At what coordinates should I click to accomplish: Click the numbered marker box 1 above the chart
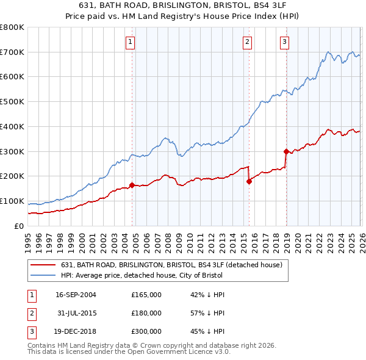[131, 42]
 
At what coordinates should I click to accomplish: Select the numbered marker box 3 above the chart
[285, 42]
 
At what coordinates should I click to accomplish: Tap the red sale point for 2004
[132, 184]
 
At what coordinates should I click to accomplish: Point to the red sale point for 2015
[249, 181]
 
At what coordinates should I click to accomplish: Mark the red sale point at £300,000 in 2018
[285, 151]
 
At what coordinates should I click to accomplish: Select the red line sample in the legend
[43, 265]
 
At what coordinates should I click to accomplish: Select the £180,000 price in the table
[146, 313]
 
